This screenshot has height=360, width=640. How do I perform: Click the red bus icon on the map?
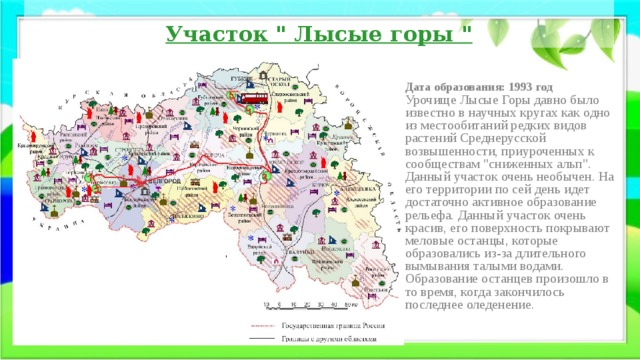click(x=253, y=99)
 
